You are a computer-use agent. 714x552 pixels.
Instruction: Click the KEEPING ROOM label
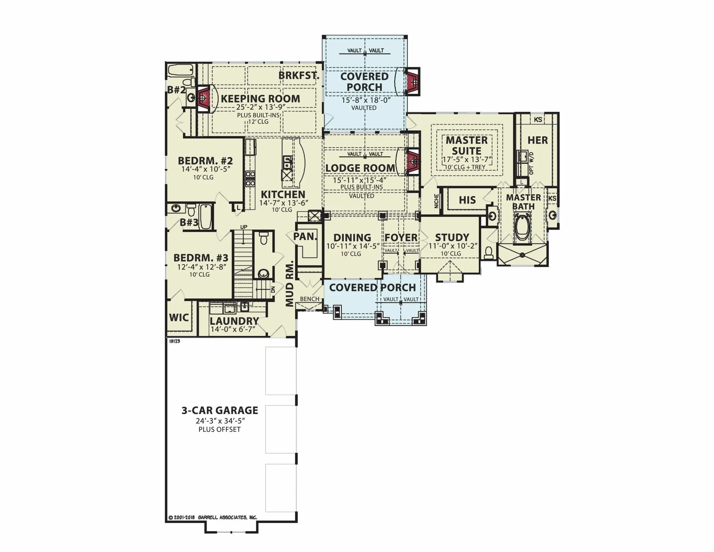(260, 99)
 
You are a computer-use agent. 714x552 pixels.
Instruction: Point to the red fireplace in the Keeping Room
(203, 98)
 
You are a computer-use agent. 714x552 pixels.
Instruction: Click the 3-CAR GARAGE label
(220, 410)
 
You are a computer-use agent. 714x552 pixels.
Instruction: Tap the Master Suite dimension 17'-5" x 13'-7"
(467, 159)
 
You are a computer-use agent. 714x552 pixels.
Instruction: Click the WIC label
(179, 317)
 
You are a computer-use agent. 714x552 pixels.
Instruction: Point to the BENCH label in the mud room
(310, 299)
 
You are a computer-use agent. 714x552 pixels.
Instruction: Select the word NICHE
(436, 201)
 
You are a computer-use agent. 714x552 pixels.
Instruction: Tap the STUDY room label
(452, 237)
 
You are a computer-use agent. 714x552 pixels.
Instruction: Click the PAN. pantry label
(305, 236)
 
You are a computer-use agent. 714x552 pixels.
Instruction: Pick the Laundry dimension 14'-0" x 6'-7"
(233, 329)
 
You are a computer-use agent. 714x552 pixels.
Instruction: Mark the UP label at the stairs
(244, 227)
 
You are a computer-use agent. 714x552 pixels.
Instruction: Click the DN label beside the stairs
(273, 290)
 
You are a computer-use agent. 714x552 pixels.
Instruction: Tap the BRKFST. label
(299, 76)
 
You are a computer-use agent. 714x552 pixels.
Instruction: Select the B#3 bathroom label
(189, 222)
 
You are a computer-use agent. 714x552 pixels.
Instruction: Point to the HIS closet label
(467, 200)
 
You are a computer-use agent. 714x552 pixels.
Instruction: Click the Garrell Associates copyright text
(212, 517)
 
